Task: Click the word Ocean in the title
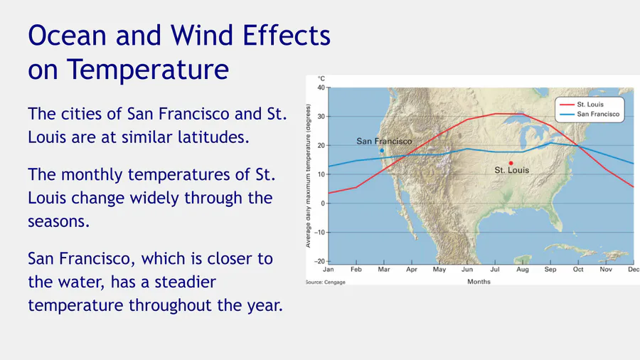point(68,35)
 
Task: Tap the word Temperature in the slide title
point(148,70)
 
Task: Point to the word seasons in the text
point(58,222)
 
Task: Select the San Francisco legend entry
point(590,115)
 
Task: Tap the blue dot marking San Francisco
point(382,151)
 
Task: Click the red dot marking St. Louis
point(511,163)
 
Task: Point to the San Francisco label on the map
point(384,141)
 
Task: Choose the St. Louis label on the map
point(512,170)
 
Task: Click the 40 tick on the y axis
point(321,88)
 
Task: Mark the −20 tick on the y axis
point(319,261)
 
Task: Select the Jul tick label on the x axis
point(495,270)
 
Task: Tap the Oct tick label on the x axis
point(578,270)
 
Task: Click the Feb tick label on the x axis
point(356,270)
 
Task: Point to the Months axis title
point(479,282)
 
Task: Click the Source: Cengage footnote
point(326,282)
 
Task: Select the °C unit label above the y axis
point(321,79)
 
